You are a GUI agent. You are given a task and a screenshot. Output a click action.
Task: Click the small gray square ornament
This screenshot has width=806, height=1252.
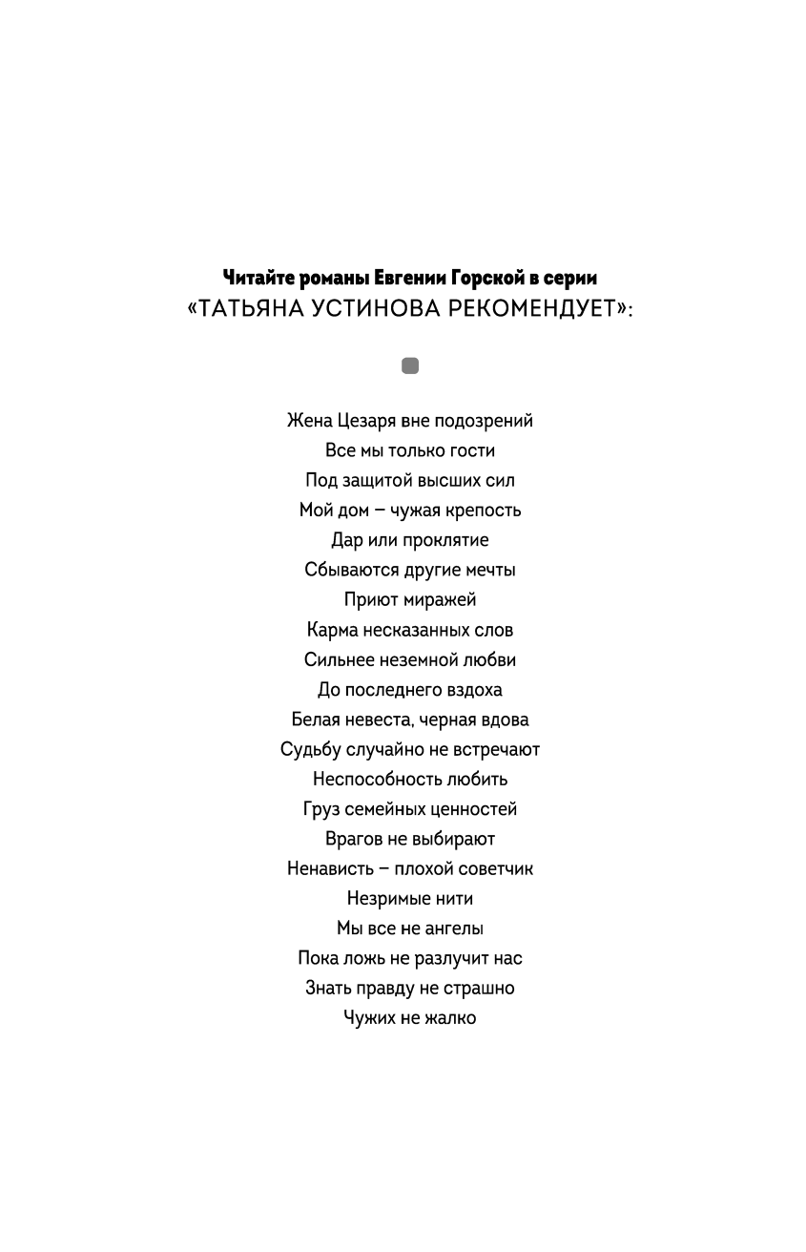tap(410, 365)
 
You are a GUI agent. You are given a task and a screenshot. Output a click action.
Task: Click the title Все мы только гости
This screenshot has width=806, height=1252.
tap(410, 450)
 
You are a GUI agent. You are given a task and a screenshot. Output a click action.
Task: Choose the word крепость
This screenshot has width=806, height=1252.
tap(484, 511)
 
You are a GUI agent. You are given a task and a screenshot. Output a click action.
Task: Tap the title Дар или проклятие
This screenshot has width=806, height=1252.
tap(410, 540)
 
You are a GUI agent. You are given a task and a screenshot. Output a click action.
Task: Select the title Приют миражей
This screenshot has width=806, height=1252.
tap(410, 600)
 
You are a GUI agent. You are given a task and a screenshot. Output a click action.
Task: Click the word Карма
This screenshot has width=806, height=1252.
tap(333, 630)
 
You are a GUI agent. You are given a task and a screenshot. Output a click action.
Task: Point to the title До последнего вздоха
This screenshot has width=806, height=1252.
tap(410, 690)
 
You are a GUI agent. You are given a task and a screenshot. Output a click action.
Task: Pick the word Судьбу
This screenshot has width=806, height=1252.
tap(311, 750)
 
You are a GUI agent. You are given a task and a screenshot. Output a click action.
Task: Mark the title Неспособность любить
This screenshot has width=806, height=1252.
tap(410, 780)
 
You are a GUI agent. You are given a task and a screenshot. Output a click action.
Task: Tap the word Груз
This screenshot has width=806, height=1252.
tap(322, 809)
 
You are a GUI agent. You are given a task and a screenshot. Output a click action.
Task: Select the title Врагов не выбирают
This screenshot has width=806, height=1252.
tap(410, 839)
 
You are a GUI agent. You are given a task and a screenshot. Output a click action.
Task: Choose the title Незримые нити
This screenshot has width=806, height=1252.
tap(410, 899)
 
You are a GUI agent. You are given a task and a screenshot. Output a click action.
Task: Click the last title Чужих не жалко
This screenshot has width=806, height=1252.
tap(410, 1018)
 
